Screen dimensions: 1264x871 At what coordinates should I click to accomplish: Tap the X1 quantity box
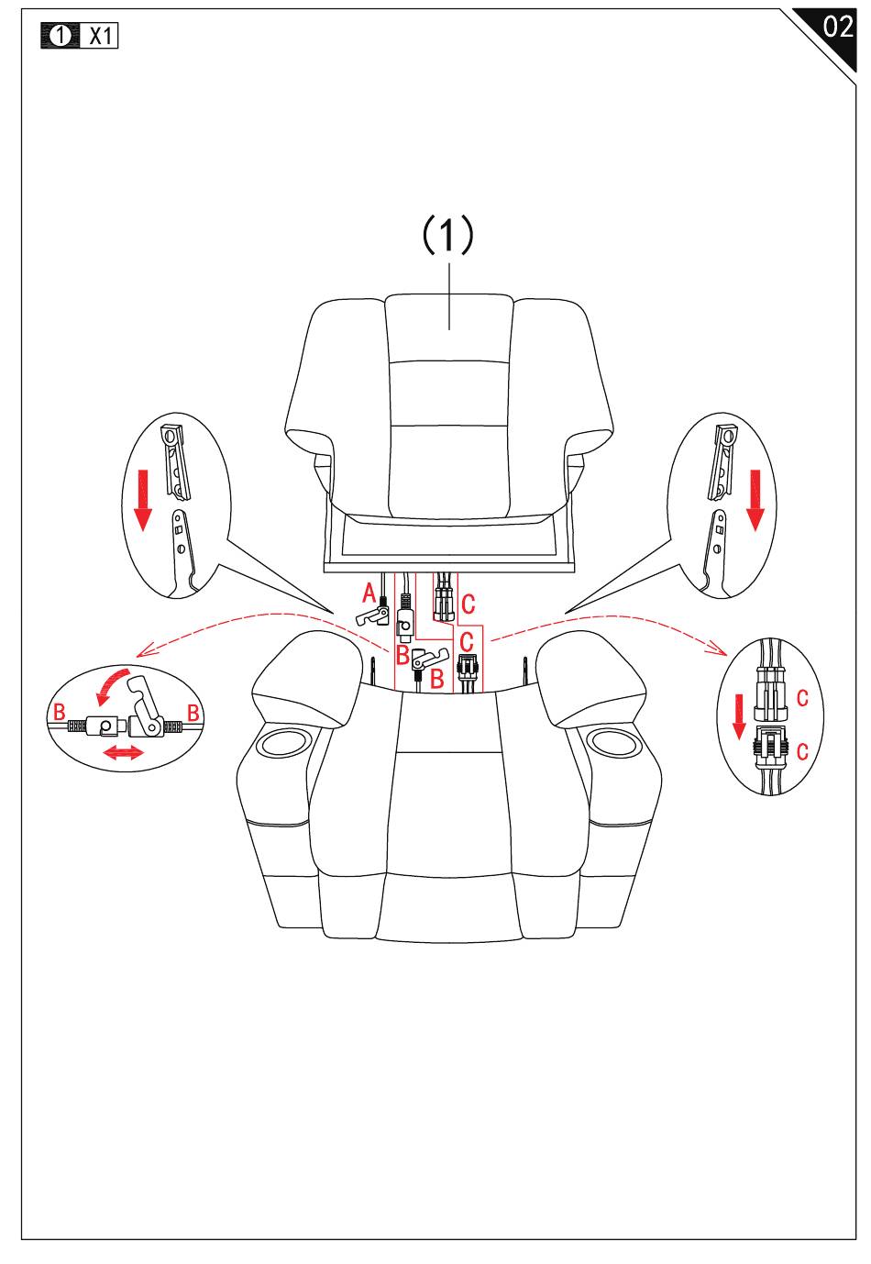(x=100, y=36)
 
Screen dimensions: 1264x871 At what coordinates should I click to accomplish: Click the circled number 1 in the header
(x=61, y=36)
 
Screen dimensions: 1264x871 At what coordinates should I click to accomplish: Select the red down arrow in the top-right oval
(x=755, y=500)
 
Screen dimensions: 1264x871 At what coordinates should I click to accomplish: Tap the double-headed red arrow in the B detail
(x=122, y=753)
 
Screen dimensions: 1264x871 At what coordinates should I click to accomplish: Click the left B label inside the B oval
(x=60, y=711)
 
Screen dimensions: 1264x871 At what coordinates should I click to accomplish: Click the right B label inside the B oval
(x=193, y=711)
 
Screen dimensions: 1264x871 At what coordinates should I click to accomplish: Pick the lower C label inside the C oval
(x=802, y=752)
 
